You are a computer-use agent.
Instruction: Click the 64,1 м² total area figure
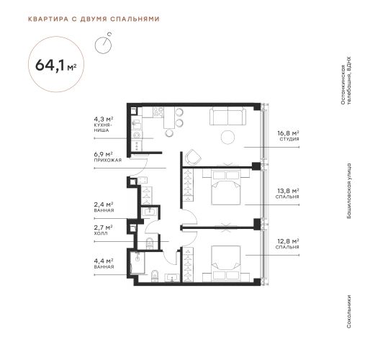[56, 65]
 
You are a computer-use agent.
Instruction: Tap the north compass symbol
[103, 44]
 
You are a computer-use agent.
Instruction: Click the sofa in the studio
[227, 116]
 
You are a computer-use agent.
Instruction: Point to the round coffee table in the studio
[227, 137]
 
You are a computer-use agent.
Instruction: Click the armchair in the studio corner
[193, 157]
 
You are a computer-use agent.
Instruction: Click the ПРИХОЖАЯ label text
[108, 160]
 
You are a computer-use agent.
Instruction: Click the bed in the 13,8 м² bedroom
[226, 187]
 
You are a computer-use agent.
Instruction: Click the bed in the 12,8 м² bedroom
[226, 263]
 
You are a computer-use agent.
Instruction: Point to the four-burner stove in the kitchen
[158, 112]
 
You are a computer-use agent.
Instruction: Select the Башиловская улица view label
[349, 191]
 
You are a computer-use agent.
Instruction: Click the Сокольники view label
[349, 311]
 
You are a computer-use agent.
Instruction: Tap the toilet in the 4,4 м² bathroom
[155, 276]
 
